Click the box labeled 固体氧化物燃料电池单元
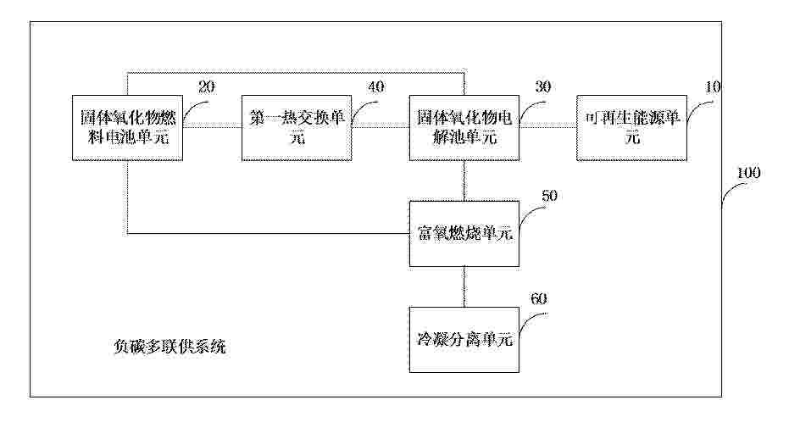127,128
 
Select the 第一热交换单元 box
297,128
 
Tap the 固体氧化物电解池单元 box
464,128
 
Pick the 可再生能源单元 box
631,128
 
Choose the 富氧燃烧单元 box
464,234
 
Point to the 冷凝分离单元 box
464,340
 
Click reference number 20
206,87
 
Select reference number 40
376,86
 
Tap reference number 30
542,86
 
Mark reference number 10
713,86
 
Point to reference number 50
549,195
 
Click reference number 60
538,298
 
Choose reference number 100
748,173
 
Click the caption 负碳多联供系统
169,347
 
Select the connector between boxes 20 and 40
212,125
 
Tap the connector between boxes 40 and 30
381,125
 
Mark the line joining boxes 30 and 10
548,125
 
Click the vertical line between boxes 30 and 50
464,181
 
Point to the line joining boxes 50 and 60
464,286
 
